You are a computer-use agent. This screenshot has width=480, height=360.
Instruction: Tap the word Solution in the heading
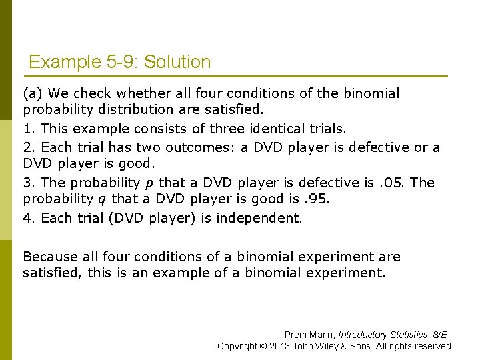point(177,63)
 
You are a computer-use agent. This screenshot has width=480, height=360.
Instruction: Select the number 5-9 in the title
point(121,63)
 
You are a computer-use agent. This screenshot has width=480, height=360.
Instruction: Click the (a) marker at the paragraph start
point(33,93)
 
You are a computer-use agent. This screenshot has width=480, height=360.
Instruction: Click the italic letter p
point(147,183)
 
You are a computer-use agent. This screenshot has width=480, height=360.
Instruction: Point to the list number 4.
point(27,218)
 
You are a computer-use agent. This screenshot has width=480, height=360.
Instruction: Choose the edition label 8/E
point(440,335)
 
